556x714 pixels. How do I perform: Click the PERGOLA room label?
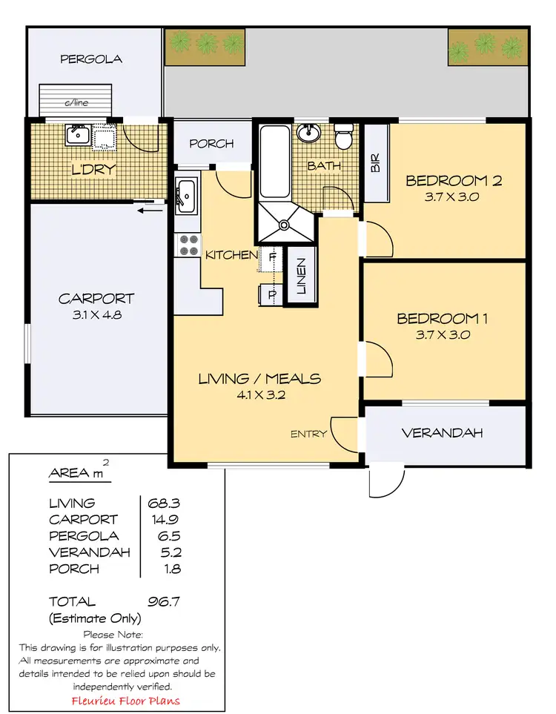pyautogui.click(x=92, y=59)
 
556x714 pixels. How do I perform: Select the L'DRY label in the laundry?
pyautogui.click(x=93, y=170)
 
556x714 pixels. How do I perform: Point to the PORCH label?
pyautogui.click(x=211, y=144)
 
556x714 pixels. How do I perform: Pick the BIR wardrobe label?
pyautogui.click(x=375, y=164)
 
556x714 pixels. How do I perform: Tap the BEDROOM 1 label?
pyautogui.click(x=442, y=319)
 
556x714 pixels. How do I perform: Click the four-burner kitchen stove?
pyautogui.click(x=188, y=245)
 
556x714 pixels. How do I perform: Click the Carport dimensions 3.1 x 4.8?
pyautogui.click(x=96, y=314)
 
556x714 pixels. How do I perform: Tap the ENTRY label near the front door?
pyautogui.click(x=308, y=434)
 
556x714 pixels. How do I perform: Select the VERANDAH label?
pyautogui.click(x=442, y=433)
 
